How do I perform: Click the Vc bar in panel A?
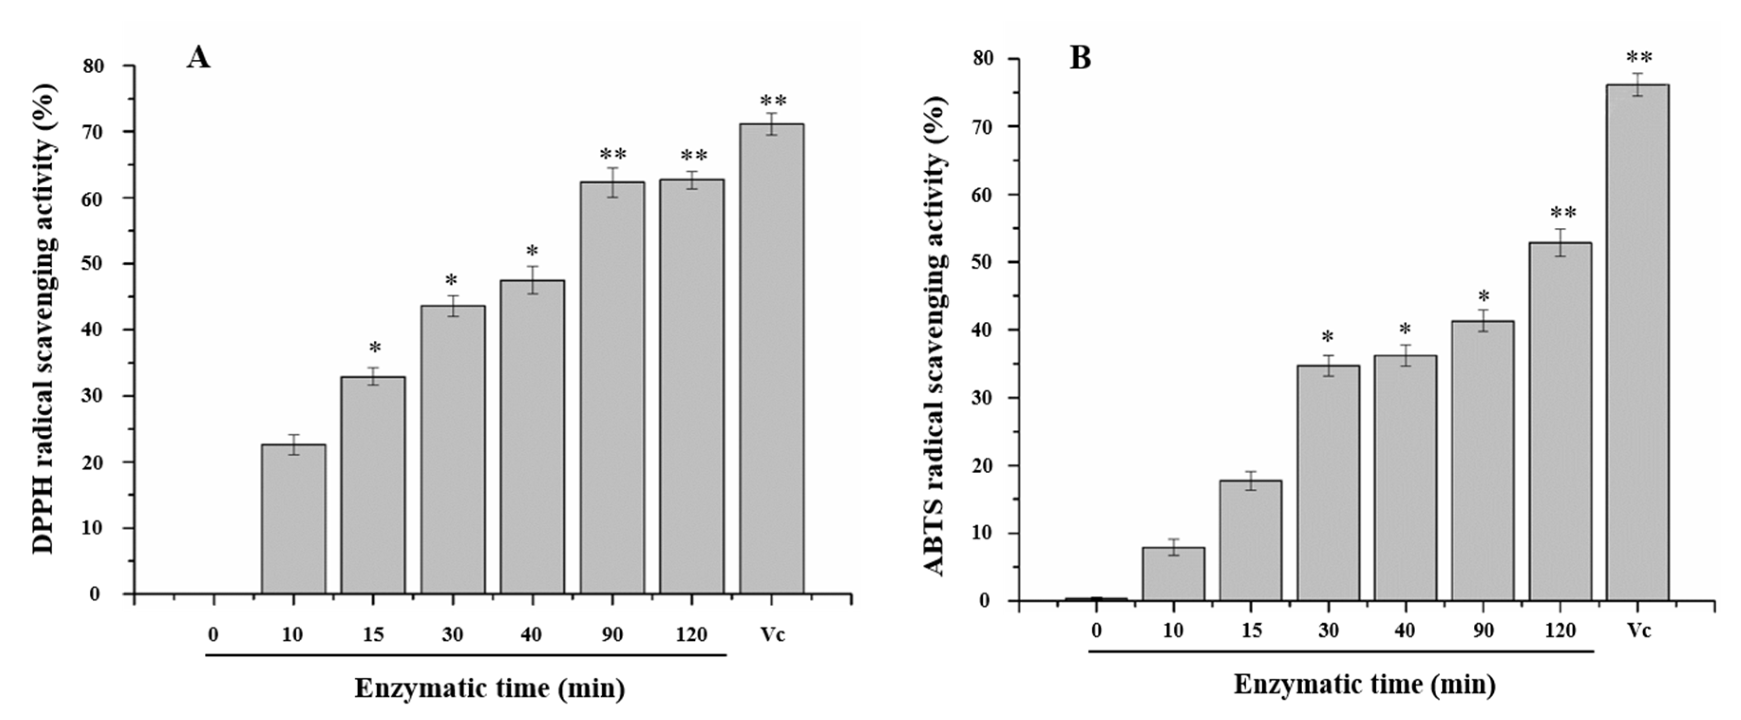point(771,358)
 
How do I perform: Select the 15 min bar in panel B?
point(1250,540)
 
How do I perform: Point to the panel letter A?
point(199,58)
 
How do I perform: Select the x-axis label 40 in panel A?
point(531,635)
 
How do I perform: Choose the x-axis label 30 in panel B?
point(1327,630)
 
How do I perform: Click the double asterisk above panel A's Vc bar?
point(773,101)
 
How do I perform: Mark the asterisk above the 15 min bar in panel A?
point(374,348)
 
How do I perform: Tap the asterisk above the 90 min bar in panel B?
point(1484,297)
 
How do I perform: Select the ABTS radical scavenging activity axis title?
point(936,335)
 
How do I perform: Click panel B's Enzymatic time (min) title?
point(1364,684)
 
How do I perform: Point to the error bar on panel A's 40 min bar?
point(532,280)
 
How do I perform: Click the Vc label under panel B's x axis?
point(1638,630)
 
